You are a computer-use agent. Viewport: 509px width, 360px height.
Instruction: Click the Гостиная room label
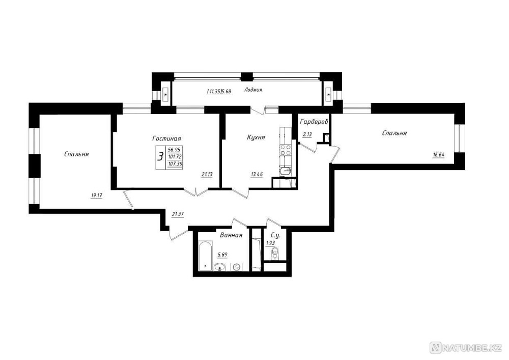166,139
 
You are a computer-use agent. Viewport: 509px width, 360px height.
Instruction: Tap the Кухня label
256,137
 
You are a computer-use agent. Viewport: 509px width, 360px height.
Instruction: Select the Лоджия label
253,90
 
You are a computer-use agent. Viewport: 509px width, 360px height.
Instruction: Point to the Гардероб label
314,122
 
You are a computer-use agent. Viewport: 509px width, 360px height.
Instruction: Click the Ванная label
231,235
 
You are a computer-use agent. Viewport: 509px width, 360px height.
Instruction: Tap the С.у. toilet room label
275,235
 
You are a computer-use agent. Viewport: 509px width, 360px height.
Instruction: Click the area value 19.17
96,196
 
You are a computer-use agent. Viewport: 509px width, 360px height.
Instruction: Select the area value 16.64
438,155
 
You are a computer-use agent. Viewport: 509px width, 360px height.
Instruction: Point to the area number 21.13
207,175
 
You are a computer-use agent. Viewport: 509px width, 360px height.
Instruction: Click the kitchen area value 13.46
257,175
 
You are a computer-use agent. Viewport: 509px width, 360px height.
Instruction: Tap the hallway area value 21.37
178,214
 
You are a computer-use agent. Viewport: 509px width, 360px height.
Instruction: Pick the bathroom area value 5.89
222,255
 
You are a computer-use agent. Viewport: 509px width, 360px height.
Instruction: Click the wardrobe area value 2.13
307,135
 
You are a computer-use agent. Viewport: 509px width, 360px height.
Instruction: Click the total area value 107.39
175,164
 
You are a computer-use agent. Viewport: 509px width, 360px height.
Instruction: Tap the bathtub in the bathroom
205,256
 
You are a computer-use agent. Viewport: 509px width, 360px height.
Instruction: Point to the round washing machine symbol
236,267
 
